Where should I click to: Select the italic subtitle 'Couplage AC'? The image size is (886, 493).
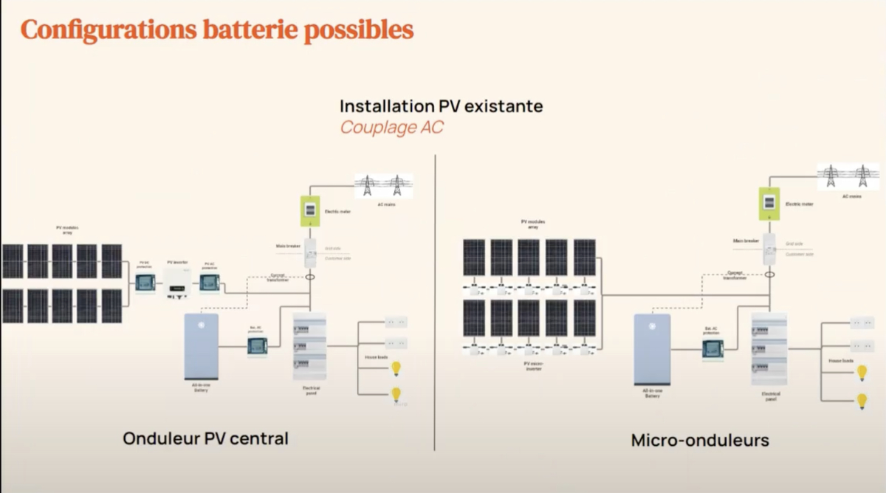(x=391, y=127)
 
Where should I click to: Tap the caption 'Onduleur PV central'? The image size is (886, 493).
(x=205, y=438)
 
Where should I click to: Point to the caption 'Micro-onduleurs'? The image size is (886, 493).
(x=699, y=441)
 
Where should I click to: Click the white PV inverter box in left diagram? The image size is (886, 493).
(x=177, y=283)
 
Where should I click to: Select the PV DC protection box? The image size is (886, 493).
(x=144, y=281)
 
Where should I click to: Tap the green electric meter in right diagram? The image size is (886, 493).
(x=769, y=204)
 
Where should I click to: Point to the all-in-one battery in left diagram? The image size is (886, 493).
(x=201, y=345)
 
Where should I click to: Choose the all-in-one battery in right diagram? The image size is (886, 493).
(x=652, y=348)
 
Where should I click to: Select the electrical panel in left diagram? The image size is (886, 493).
(x=309, y=347)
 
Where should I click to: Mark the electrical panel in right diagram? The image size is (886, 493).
(x=769, y=349)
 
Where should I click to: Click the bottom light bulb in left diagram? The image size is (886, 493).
(x=396, y=394)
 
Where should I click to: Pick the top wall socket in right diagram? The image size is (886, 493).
(x=861, y=323)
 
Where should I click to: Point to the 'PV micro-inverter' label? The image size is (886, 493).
(x=532, y=365)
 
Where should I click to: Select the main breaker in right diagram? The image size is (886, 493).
(x=769, y=249)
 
